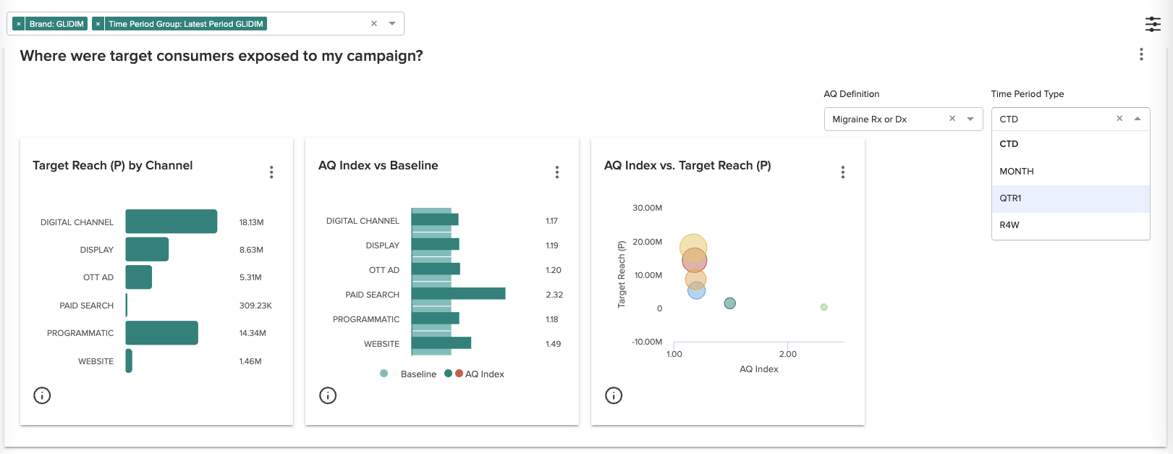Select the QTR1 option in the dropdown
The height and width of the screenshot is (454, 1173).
(x=1010, y=198)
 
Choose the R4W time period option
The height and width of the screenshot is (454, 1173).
(x=1009, y=225)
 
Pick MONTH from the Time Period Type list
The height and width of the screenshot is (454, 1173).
(x=1016, y=172)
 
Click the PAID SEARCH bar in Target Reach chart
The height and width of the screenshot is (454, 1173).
(x=127, y=305)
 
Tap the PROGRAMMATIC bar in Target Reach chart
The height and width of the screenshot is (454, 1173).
(x=161, y=333)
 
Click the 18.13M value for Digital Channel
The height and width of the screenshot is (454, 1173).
(x=251, y=222)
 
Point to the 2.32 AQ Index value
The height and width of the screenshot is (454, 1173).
(x=554, y=295)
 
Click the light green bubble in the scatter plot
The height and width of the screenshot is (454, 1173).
(x=823, y=307)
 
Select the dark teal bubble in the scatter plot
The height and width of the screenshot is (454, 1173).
(x=729, y=303)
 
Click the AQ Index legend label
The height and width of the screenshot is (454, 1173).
(x=484, y=374)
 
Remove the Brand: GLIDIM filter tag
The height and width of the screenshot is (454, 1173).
(x=19, y=24)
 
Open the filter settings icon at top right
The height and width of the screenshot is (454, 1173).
(x=1153, y=24)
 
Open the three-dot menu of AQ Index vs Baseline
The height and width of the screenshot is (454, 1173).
(x=556, y=172)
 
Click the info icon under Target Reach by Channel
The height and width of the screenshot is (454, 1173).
(x=42, y=395)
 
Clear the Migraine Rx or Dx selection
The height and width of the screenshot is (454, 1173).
(x=952, y=119)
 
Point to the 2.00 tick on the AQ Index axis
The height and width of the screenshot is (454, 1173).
(x=787, y=354)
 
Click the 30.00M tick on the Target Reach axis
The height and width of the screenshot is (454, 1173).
(x=647, y=208)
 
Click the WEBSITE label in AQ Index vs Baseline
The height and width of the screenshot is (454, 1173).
(x=381, y=344)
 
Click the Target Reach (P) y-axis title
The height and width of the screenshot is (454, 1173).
(x=621, y=274)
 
